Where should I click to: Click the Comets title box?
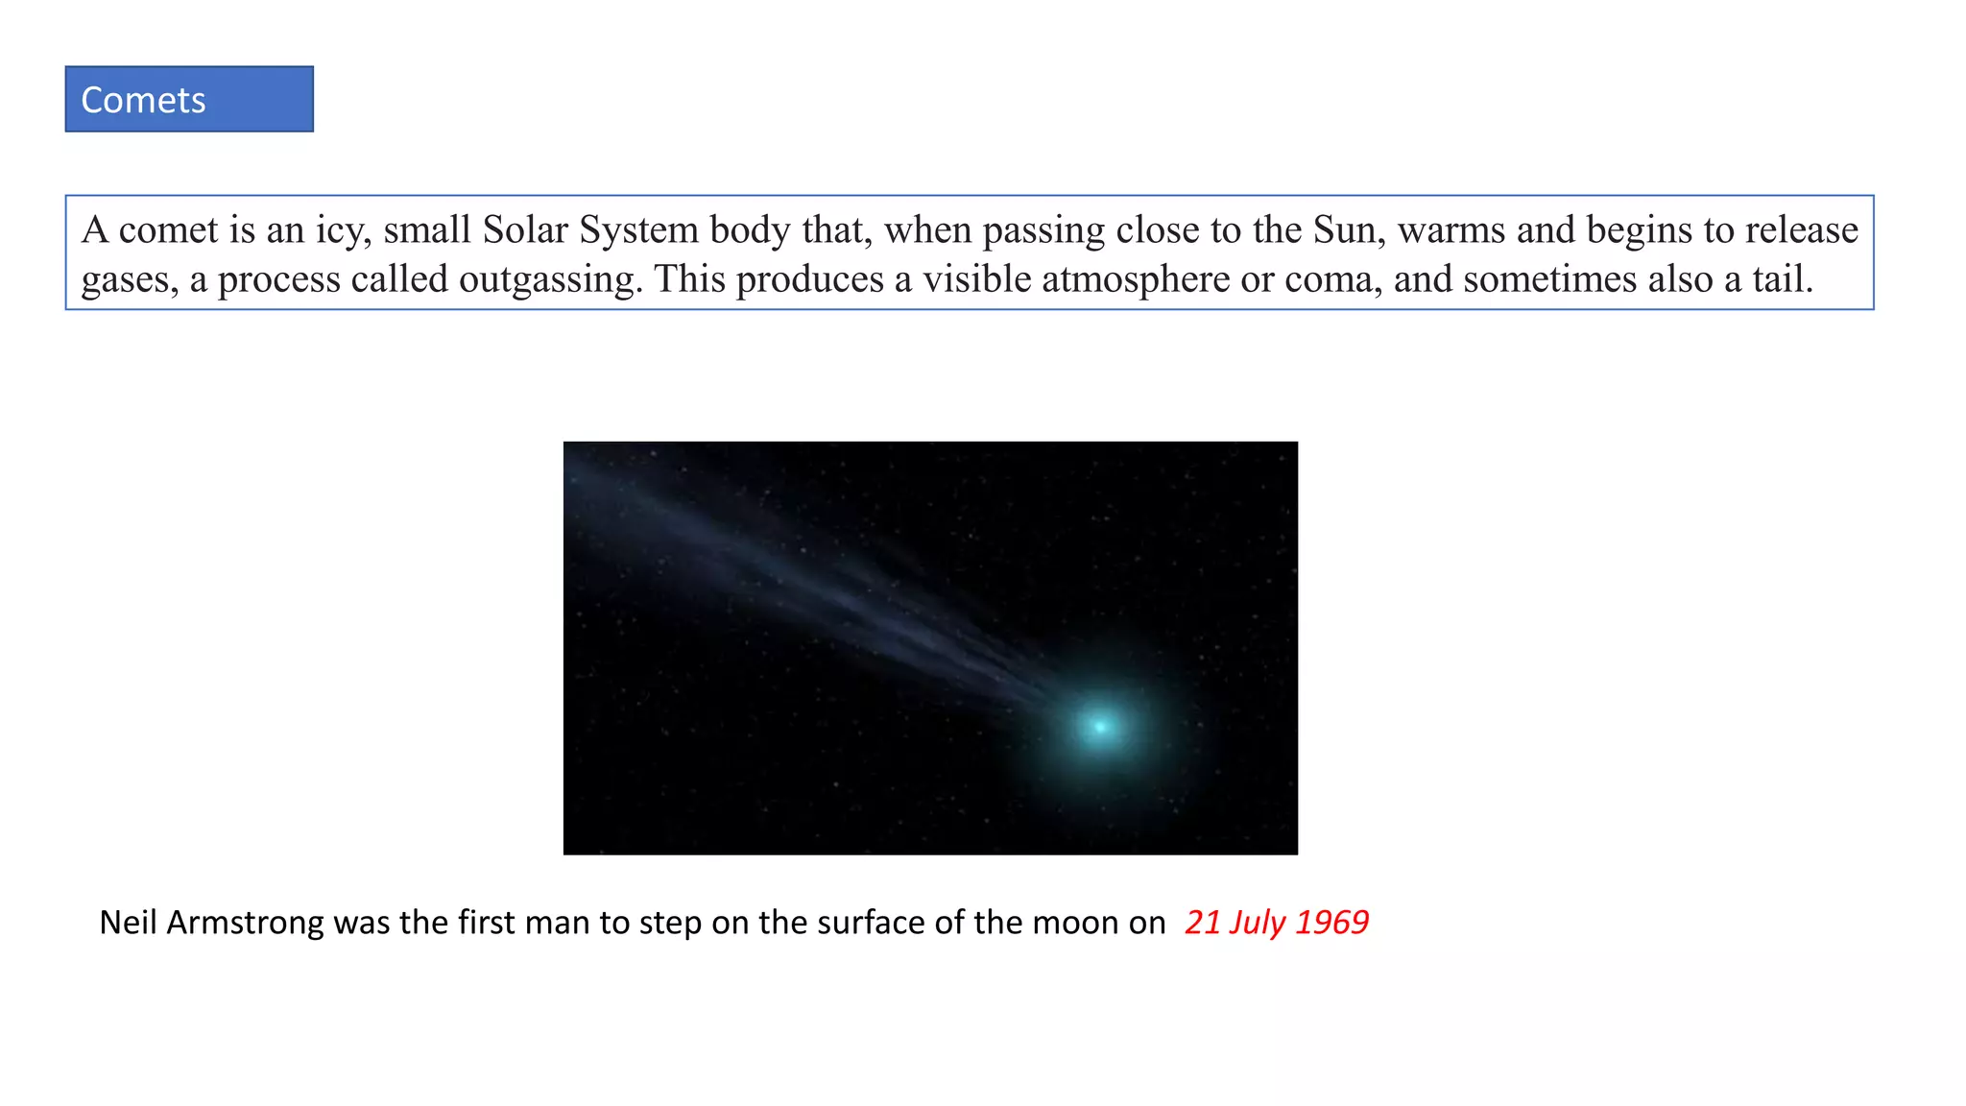(189, 99)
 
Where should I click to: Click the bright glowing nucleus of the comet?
(1100, 727)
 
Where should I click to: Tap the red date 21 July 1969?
(1276, 922)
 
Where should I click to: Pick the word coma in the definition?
(1332, 279)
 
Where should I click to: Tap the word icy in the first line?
(344, 230)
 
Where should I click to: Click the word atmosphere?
(1135, 279)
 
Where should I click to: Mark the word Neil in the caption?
(128, 922)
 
